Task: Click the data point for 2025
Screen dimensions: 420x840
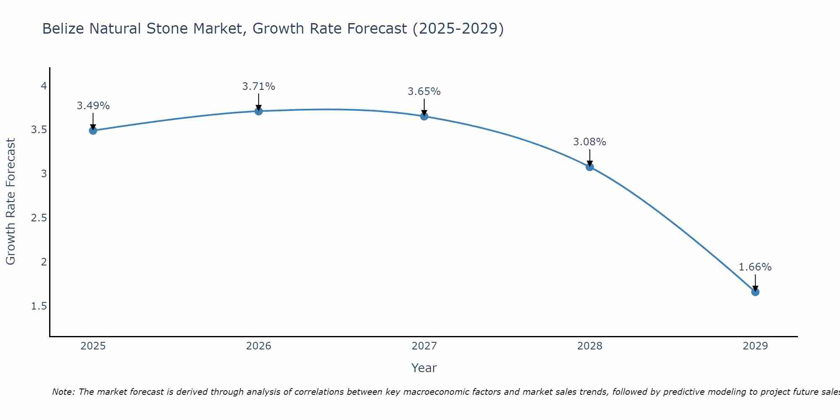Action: (x=93, y=131)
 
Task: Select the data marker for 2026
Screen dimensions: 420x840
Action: (x=259, y=111)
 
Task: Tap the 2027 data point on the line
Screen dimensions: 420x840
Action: (x=424, y=116)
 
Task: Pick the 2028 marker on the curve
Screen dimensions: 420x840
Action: (x=590, y=167)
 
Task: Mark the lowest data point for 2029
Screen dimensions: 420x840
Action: (x=755, y=292)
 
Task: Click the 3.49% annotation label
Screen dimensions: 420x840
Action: (x=93, y=106)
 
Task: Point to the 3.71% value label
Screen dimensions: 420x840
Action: (x=259, y=87)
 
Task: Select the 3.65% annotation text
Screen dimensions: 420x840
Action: (x=424, y=92)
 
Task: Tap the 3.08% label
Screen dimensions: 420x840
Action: (x=590, y=142)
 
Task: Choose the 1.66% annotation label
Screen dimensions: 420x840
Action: (x=755, y=267)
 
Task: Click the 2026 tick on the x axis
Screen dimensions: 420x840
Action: (x=259, y=346)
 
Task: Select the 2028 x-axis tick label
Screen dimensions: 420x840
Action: (x=590, y=346)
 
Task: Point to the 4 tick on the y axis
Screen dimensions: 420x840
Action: (x=44, y=86)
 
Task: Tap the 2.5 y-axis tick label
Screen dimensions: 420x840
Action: (x=39, y=218)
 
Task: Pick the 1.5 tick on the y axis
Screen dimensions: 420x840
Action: (x=39, y=306)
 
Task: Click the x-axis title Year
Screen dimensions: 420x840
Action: (x=424, y=368)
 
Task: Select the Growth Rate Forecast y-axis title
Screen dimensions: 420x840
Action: (x=10, y=202)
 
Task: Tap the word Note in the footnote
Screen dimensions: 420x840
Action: (x=63, y=392)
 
